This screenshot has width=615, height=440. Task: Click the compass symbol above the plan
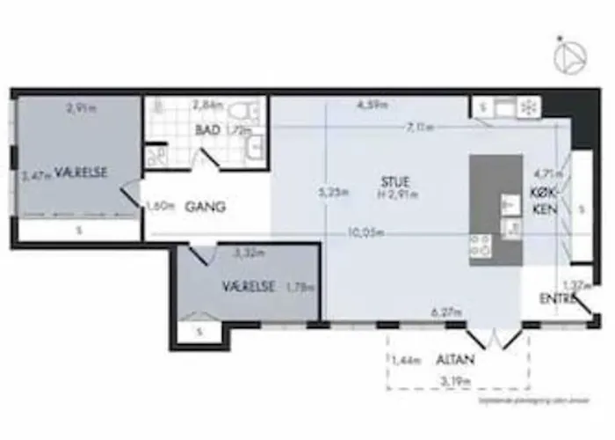tap(569, 55)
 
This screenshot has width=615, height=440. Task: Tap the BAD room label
tap(208, 130)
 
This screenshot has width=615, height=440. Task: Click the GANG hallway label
tap(206, 208)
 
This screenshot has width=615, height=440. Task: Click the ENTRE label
tap(557, 300)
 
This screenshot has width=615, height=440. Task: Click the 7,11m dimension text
tap(419, 128)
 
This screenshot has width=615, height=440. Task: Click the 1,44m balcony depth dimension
tap(405, 360)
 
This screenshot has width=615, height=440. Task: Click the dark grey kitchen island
tap(496, 211)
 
